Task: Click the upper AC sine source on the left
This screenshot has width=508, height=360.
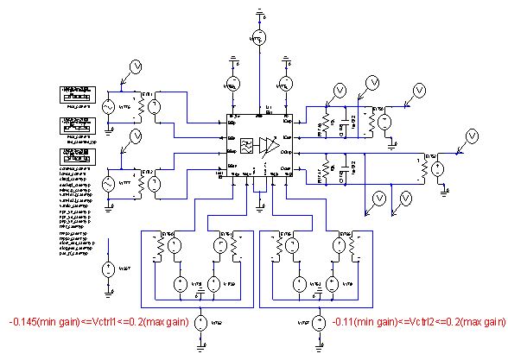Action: (x=110, y=106)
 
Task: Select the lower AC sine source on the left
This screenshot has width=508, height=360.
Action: (x=110, y=184)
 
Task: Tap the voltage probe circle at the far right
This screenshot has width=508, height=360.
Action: (x=472, y=136)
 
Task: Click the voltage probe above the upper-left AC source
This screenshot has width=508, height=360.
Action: (x=134, y=66)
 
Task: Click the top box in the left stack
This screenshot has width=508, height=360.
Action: (x=76, y=93)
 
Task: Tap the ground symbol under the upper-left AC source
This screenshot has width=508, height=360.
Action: (x=110, y=129)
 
